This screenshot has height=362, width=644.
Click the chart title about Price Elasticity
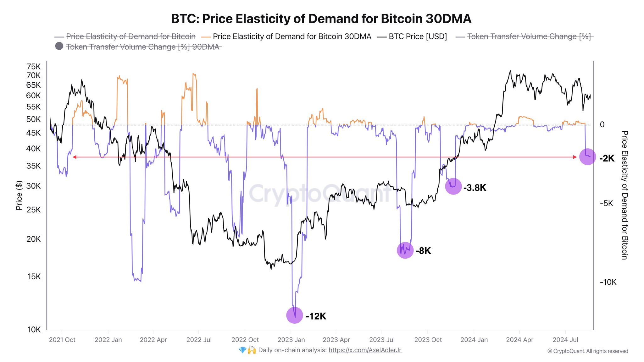[x=321, y=19]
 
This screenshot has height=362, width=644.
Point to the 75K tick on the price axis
[x=34, y=67]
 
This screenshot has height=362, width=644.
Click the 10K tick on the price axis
[x=34, y=330]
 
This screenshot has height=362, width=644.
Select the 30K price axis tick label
[x=34, y=186]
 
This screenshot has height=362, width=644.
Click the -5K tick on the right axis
[x=606, y=203]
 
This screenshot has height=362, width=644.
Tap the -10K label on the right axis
[x=608, y=282]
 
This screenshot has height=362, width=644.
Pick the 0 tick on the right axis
[x=602, y=125]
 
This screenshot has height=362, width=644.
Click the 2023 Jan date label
[x=291, y=340]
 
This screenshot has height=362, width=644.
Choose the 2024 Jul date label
[x=565, y=340]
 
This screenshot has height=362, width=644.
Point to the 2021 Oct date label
[x=62, y=340]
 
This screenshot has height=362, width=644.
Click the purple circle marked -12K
[x=295, y=315]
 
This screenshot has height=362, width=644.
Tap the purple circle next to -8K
[x=405, y=250]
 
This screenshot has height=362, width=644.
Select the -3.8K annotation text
[x=475, y=188]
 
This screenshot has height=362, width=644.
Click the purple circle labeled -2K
[x=587, y=156]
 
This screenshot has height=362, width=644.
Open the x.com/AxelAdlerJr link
[x=365, y=350]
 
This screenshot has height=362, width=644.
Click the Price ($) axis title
[x=19, y=195]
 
